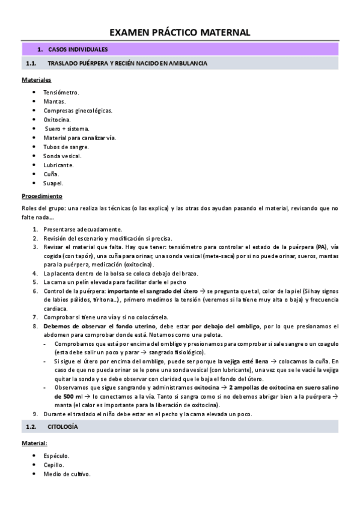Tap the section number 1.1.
(32, 63)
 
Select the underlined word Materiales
(36, 79)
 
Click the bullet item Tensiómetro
(61, 92)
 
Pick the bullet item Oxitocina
(57, 119)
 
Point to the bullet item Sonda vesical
(62, 156)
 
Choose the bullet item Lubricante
(58, 165)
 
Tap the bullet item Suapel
(53, 183)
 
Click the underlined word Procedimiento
(42, 196)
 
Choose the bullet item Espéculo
(56, 456)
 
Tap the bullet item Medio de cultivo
(67, 474)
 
